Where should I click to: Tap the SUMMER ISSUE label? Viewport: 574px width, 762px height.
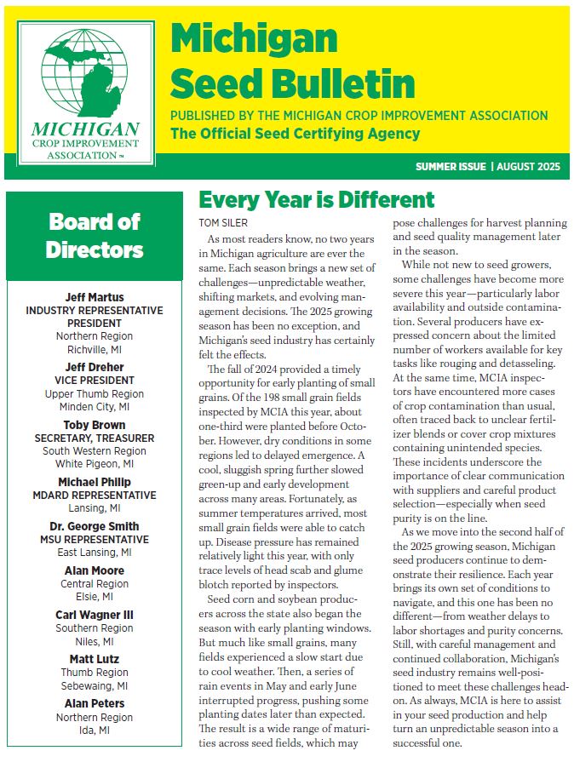point(451,166)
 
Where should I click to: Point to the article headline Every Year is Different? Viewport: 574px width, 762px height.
point(316,200)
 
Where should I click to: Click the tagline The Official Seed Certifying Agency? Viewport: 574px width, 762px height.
point(296,134)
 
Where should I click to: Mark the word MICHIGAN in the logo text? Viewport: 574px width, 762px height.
point(84,129)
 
